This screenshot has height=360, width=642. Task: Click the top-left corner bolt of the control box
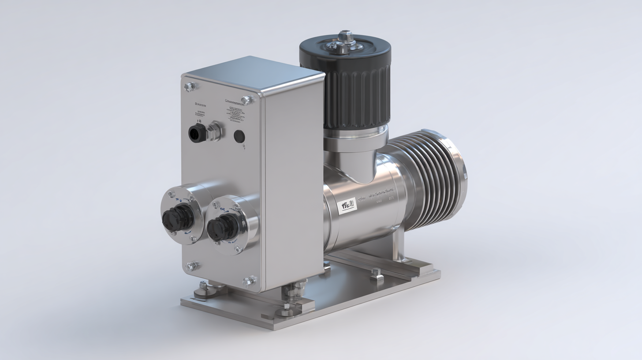(190, 86)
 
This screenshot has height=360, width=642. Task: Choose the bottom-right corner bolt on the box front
(248, 281)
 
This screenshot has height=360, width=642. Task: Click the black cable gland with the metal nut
(197, 133)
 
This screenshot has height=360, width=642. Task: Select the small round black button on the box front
(239, 136)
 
